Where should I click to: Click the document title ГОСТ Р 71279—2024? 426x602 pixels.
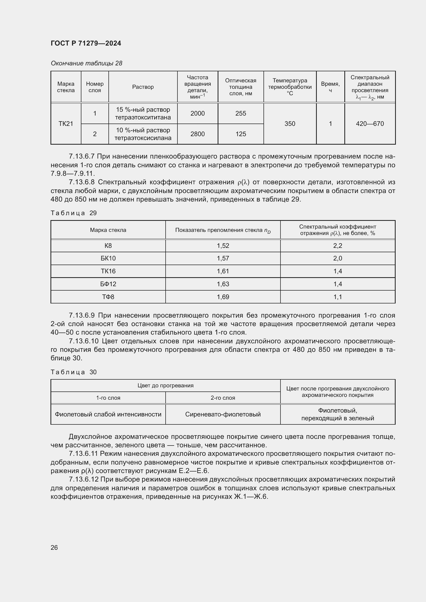coord(86,43)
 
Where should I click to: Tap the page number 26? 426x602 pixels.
coord(54,547)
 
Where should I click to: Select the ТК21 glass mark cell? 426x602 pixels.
coord(66,124)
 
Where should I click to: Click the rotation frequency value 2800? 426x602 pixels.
coord(198,134)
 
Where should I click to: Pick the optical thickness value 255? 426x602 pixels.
coord(241,114)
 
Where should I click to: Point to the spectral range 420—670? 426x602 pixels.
coord(370,124)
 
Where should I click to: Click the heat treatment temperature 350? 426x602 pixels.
coord(289,124)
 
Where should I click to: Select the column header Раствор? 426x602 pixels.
coord(143,87)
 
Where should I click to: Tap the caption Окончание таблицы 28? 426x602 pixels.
coord(86,64)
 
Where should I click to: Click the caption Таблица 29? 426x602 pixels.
coord(74,213)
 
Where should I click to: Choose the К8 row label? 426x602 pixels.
coord(108,246)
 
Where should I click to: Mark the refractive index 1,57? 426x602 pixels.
coord(223,258)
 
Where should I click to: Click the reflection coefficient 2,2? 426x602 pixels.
coord(338,246)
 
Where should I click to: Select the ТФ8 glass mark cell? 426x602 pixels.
coord(108,297)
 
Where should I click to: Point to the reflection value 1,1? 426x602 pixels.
coord(338,297)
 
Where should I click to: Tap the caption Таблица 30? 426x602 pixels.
coord(74,372)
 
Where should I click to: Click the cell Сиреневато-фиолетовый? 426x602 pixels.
coord(223,414)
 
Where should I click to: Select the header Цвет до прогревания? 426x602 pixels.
coord(165,386)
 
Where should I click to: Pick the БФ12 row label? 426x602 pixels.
coord(108,284)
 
